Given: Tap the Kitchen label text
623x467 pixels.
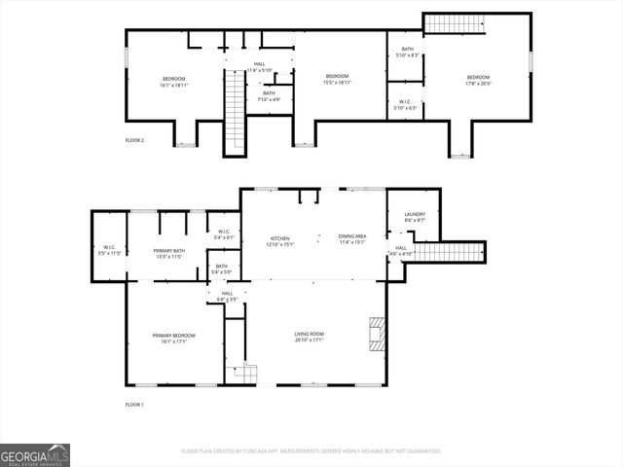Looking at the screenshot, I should (280, 239).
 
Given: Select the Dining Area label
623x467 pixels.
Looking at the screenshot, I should (351, 239).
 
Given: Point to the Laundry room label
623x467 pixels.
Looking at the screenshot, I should (415, 218).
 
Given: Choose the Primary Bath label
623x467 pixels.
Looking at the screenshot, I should (169, 254).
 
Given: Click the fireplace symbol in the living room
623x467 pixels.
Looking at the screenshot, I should (377, 334).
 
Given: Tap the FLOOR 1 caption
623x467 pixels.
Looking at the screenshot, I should (134, 404).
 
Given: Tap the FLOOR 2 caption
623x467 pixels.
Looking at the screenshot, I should (134, 141).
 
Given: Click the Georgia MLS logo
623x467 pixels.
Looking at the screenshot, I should (35, 455).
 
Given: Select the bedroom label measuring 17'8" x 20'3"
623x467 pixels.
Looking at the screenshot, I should (478, 80).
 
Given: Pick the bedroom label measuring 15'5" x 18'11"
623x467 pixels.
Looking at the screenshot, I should (337, 80).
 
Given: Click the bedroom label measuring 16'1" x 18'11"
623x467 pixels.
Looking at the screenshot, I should (173, 82).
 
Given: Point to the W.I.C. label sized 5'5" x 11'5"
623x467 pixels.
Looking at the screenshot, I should (109, 250).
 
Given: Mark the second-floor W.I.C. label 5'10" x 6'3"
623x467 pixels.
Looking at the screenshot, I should (405, 105).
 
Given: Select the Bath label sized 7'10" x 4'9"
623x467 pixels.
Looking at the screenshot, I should (269, 96).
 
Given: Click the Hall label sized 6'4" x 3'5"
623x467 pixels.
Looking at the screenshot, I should (227, 296).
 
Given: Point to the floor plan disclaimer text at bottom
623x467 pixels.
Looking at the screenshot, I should (311, 451).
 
